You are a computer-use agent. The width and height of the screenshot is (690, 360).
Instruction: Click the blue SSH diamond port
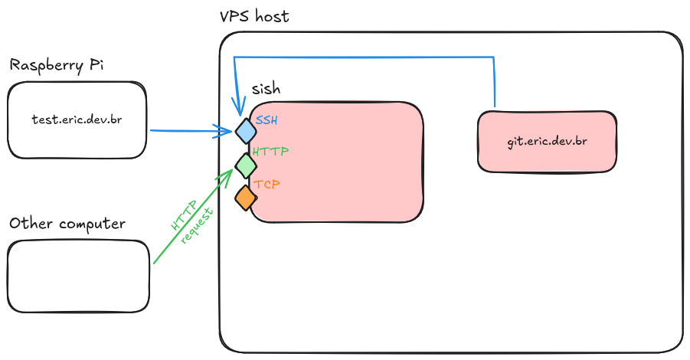coord(245,131)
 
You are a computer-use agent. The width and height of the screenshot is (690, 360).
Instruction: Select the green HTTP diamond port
coord(245,165)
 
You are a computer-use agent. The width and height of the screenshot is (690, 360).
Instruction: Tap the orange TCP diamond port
coord(245,198)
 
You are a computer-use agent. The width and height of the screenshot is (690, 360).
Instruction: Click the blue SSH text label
coord(267,120)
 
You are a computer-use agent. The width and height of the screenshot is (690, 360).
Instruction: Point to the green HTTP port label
coord(270,152)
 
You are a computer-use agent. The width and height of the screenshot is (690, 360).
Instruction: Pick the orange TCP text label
coord(267,185)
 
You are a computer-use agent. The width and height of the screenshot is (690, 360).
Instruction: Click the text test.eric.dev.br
coord(77,119)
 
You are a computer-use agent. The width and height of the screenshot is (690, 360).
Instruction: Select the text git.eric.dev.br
coord(547,142)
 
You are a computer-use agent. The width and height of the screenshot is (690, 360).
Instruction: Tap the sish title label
coord(266,89)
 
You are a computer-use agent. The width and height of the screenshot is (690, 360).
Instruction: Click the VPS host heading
coord(254,16)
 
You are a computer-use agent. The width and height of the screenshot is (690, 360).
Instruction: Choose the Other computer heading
coord(67,224)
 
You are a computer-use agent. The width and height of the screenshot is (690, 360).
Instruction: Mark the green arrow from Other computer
coord(191,223)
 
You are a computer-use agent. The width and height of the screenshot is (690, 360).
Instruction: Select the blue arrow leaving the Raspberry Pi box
coord(191,131)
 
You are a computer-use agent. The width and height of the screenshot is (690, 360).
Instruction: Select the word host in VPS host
coord(272,16)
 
